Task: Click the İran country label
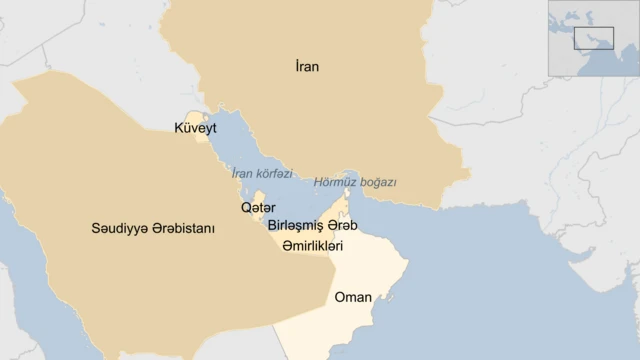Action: [307, 67]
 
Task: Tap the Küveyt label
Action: [195, 128]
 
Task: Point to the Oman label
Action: [353, 297]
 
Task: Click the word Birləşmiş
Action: [296, 226]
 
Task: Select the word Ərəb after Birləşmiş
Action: [342, 226]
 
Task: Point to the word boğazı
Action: [378, 183]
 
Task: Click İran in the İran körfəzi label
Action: [241, 174]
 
